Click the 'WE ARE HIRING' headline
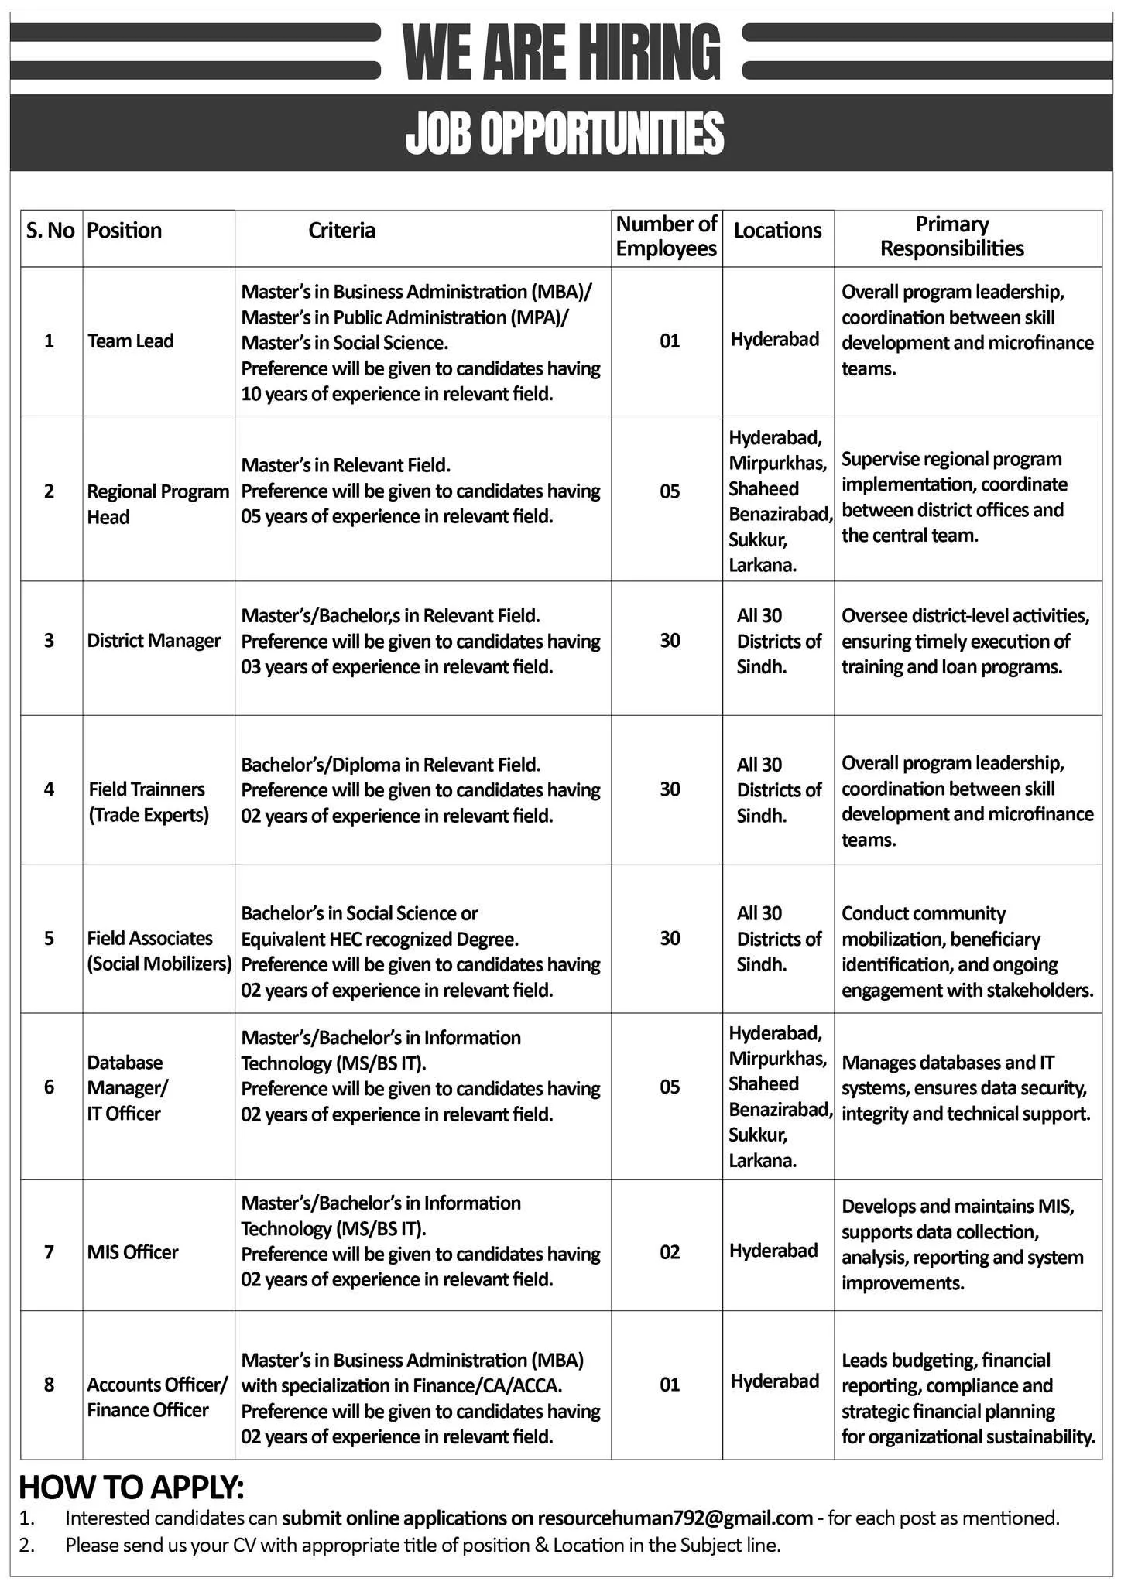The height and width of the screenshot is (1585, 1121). pos(561,53)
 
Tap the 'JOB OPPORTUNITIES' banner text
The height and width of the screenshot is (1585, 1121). pos(564,133)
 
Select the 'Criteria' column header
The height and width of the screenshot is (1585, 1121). pos(341,231)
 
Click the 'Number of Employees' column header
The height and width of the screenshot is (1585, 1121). pos(667,237)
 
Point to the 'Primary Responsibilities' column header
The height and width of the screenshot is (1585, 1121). pos(952,237)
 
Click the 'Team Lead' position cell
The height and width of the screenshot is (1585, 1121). pos(131,341)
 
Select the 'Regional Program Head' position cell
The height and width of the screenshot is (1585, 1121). pos(158,504)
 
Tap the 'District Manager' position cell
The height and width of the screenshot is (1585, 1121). pos(154,641)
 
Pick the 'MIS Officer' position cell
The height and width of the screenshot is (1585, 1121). pos(132,1252)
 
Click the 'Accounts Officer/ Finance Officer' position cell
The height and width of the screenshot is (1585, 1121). pos(157,1397)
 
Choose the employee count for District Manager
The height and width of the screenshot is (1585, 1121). pos(670,641)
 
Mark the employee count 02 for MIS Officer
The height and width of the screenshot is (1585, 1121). pos(670,1252)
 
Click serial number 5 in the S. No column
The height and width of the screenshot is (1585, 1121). pos(50,939)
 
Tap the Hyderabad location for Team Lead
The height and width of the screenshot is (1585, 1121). pos(775,340)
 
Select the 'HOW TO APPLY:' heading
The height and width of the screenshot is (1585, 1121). pos(131,1487)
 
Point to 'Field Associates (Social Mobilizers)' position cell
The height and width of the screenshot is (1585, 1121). pos(159,951)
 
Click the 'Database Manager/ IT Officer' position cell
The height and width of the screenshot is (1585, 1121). pos(128,1088)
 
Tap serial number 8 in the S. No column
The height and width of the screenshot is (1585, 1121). pos(50,1384)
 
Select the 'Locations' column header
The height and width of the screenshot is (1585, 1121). pos(777,231)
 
